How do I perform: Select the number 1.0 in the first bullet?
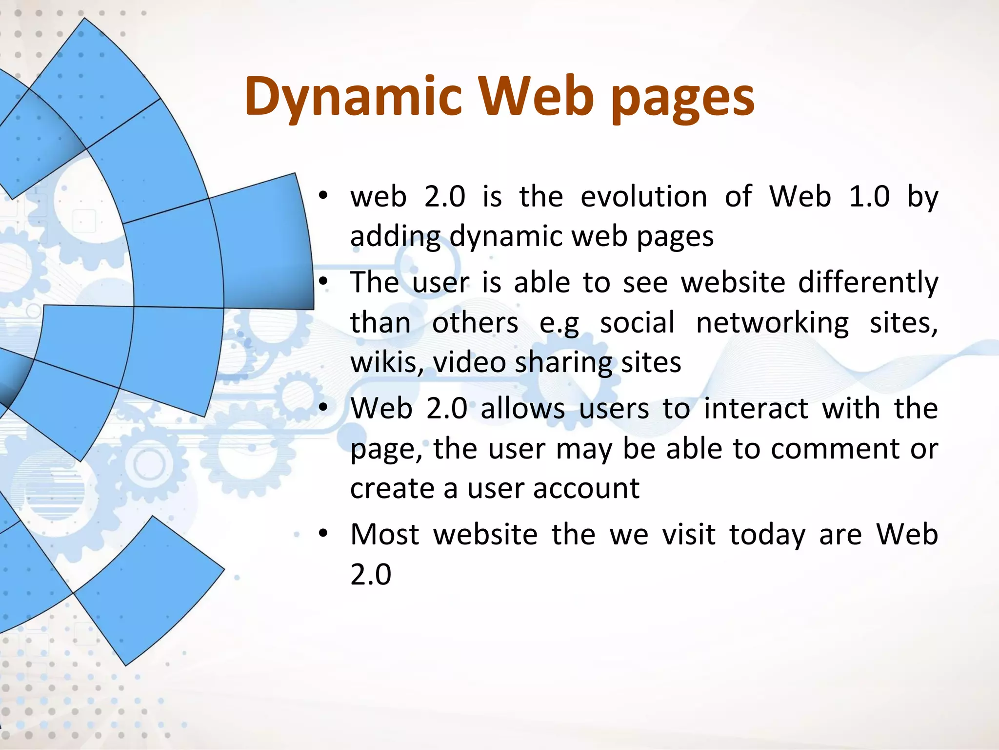[x=869, y=197]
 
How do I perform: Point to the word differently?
[x=868, y=283]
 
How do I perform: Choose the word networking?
[x=772, y=324]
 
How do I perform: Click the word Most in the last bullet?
[x=384, y=535]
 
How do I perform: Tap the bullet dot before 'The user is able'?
[x=322, y=282]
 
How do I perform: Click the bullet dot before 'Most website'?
[x=322, y=534]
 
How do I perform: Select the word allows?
[x=522, y=409]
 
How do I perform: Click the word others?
[x=475, y=324]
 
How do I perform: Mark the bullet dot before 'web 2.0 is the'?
[x=322, y=196]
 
